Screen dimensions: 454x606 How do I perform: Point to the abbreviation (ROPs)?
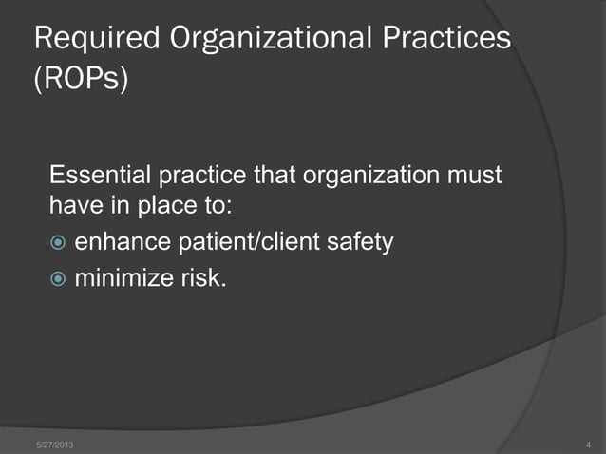(x=81, y=79)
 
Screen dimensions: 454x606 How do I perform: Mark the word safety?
(x=360, y=243)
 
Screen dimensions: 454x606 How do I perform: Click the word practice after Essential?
(x=199, y=177)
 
